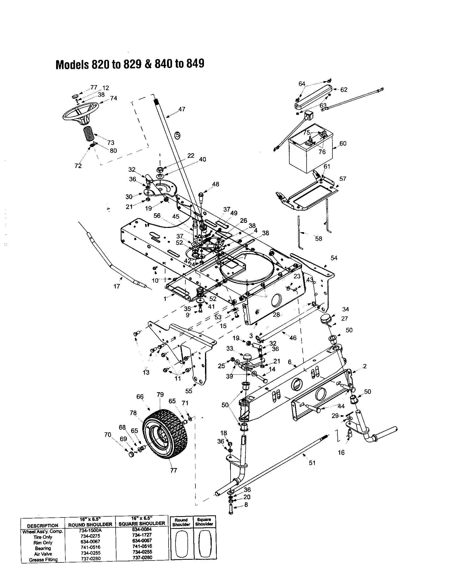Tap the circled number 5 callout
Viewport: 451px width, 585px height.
click(x=177, y=135)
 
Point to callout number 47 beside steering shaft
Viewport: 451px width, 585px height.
click(x=182, y=109)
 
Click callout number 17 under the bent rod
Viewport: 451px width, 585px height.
click(x=116, y=286)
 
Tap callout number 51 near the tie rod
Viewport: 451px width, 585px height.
click(x=312, y=463)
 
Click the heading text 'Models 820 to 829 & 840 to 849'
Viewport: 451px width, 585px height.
click(x=130, y=64)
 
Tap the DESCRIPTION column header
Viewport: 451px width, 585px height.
click(x=43, y=525)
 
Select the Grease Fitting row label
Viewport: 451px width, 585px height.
click(x=43, y=560)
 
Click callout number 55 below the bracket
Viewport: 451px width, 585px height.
click(x=189, y=391)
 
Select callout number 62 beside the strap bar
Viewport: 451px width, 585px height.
click(x=344, y=90)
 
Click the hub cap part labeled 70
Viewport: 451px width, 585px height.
click(x=131, y=454)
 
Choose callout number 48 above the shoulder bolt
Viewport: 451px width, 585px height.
click(x=215, y=184)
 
